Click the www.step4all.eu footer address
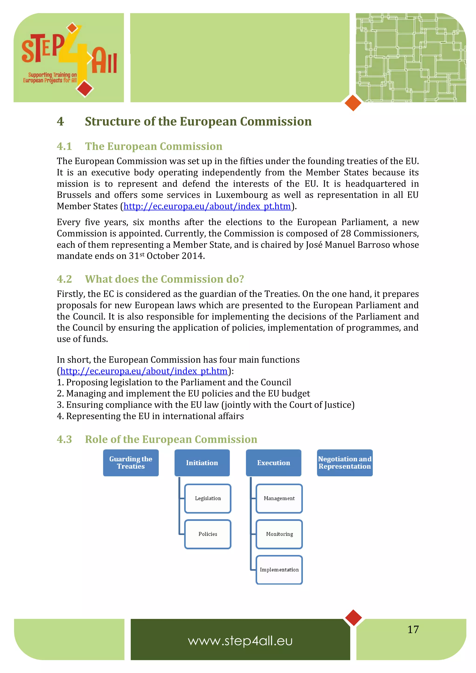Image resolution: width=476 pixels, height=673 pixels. pyautogui.click(x=240, y=641)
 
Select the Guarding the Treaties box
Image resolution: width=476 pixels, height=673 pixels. pyautogui.click(x=131, y=463)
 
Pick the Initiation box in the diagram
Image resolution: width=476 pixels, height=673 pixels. pyautogui.click(x=202, y=463)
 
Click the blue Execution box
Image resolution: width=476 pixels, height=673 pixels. pyautogui.click(x=273, y=463)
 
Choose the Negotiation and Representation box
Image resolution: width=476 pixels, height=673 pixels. pyautogui.click(x=345, y=463)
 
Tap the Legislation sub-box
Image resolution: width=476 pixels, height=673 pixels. pyautogui.click(x=208, y=498)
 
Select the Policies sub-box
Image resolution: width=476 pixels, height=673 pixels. pyautogui.click(x=208, y=534)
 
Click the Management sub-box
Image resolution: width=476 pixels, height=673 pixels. pyautogui.click(x=279, y=498)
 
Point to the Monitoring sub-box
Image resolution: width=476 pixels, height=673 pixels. pyautogui.click(x=279, y=534)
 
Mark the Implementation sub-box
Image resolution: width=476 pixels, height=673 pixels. pyautogui.click(x=279, y=569)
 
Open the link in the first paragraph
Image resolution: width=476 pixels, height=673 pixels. pyautogui.click(x=207, y=206)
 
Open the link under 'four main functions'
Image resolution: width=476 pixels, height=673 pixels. pyautogui.click(x=144, y=371)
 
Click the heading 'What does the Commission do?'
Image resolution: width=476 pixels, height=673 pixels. pyautogui.click(x=164, y=279)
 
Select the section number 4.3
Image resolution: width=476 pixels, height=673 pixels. pyautogui.click(x=64, y=439)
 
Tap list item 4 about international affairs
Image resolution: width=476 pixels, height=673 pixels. pyautogui.click(x=150, y=416)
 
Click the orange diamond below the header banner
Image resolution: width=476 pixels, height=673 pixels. pyautogui.click(x=353, y=103)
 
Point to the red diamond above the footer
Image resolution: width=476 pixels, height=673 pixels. pyautogui.click(x=354, y=617)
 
